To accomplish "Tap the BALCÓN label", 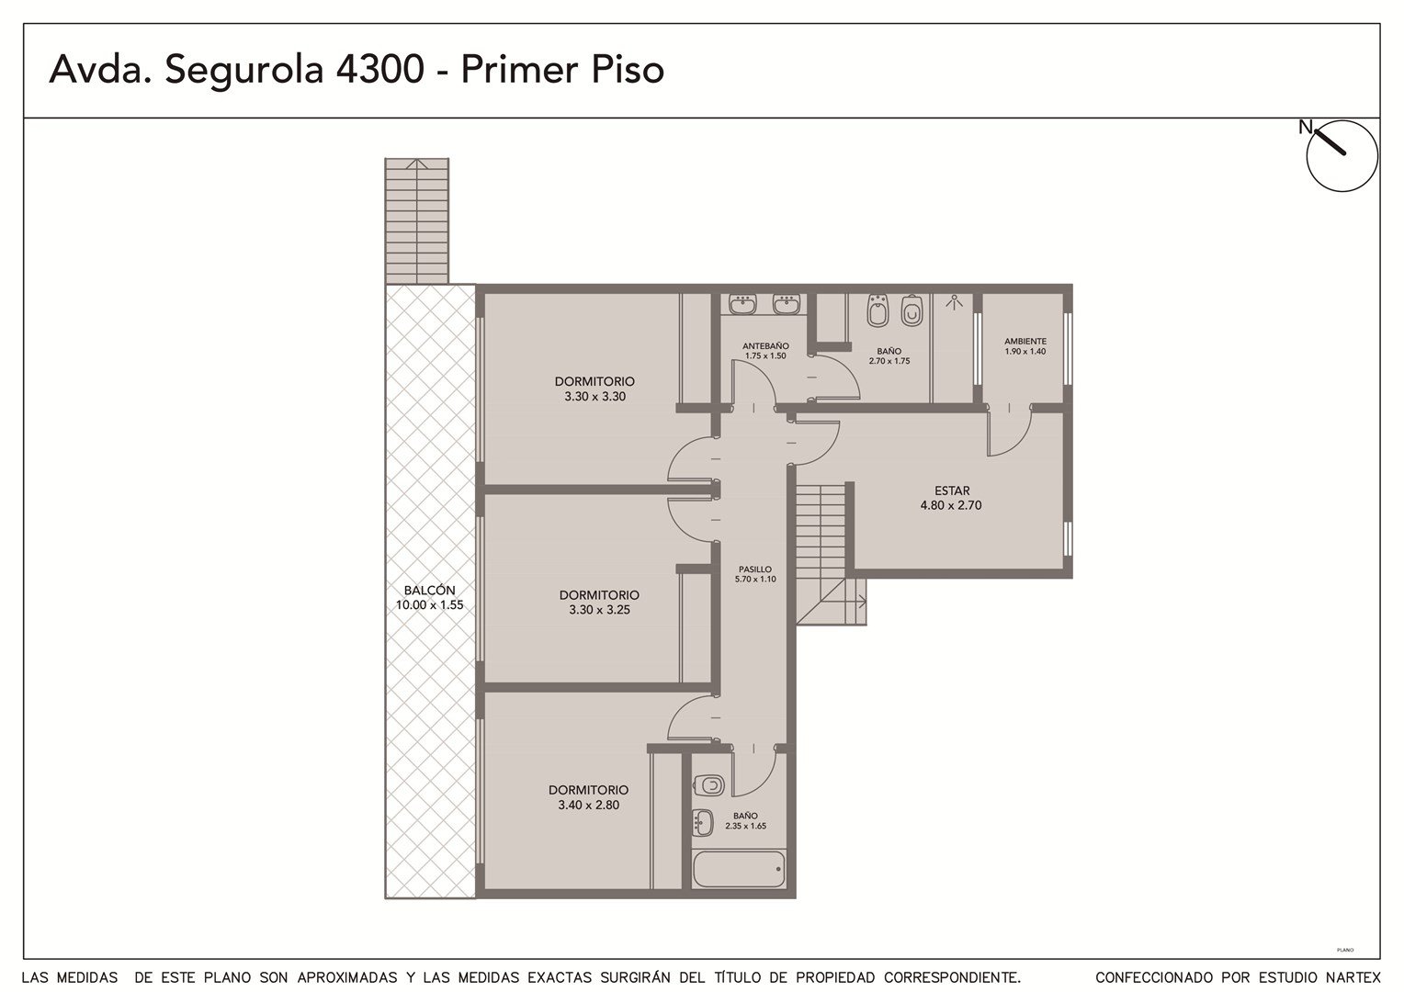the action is click(429, 591).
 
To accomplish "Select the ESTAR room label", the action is click(951, 490).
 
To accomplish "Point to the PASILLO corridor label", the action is click(755, 569).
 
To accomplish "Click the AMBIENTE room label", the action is click(1025, 342).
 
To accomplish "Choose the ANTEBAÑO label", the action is click(765, 346).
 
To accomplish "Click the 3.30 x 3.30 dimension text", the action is click(594, 396).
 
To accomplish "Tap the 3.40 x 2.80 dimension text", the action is click(589, 805).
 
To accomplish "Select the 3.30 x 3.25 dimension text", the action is click(599, 610).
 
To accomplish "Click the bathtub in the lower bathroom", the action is click(739, 869).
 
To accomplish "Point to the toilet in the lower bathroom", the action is click(709, 785).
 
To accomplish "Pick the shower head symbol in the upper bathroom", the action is click(954, 303).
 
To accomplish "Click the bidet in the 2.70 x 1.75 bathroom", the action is click(877, 310).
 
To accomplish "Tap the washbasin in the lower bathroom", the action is click(703, 822).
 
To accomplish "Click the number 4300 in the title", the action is click(380, 69).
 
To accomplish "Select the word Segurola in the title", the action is click(244, 70).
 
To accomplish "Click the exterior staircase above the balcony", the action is click(417, 221).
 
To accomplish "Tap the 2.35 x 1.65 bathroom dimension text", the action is click(745, 826).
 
